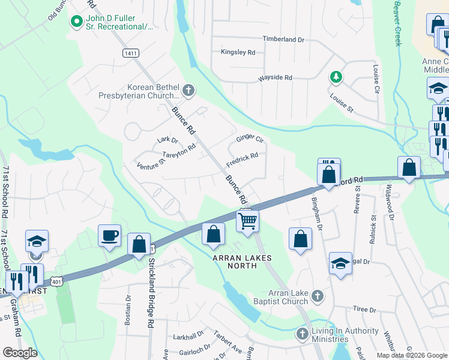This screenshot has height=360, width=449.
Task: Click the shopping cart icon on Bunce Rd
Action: coord(247,220)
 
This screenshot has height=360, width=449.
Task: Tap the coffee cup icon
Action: coord(109,235)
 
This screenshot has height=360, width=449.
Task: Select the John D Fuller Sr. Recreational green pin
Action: coord(76,23)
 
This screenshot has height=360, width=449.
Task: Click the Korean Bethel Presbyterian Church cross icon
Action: coord(188,91)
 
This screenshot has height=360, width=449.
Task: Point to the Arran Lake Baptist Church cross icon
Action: coord(318,296)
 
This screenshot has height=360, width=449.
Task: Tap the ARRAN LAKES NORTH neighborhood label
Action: coord(243,258)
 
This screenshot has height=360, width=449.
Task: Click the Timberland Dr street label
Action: coord(283,39)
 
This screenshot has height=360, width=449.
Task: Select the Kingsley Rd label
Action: coord(238,52)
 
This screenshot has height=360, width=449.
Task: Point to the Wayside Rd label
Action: coord(275,78)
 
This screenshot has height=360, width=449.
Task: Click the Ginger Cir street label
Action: coord(250,139)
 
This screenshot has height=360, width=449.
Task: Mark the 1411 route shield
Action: coord(130,53)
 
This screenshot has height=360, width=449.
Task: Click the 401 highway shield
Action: coord(56,281)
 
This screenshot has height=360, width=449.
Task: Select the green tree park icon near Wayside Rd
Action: coord(336,77)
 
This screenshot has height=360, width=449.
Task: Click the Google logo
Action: coord(20,353)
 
